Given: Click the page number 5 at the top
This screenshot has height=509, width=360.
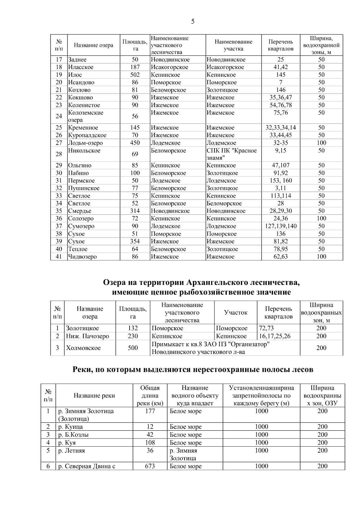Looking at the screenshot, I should pyautogui.click(x=193, y=21).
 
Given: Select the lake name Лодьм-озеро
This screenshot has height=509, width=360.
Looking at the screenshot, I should pyautogui.click(x=85, y=143).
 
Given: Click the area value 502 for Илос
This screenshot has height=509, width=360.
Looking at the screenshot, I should pyautogui.click(x=135, y=75).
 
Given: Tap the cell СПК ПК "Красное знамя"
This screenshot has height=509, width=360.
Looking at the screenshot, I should pyautogui.click(x=232, y=154).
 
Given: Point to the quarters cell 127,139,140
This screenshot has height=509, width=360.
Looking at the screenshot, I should pyautogui.click(x=281, y=226).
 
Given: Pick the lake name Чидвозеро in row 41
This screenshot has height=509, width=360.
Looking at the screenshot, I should pyautogui.click(x=82, y=257).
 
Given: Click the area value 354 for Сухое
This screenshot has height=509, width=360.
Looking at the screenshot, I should pyautogui.click(x=135, y=241).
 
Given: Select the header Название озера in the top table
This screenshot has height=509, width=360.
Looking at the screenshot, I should pyautogui.click(x=94, y=45).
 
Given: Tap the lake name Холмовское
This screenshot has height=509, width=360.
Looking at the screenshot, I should pyautogui.click(x=83, y=348).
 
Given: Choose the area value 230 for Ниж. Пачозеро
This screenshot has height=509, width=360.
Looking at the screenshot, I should pyautogui.click(x=133, y=336).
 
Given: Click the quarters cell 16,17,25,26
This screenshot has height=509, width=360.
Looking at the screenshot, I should pyautogui.click(x=275, y=336).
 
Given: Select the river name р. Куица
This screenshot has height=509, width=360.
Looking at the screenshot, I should pyautogui.click(x=70, y=427).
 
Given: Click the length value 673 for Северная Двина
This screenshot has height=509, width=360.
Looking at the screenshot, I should pyautogui.click(x=150, y=466).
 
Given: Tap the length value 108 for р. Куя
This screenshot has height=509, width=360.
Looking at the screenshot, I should pyautogui.click(x=150, y=443).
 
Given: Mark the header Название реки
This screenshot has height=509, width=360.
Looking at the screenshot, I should pyautogui.click(x=94, y=396).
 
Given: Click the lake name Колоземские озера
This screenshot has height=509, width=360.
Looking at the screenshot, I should pyautogui.click(x=85, y=116).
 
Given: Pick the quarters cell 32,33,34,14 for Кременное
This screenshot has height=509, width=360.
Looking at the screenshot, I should pyautogui.click(x=281, y=128).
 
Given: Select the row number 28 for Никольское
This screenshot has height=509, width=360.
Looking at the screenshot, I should pyautogui.click(x=59, y=154).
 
